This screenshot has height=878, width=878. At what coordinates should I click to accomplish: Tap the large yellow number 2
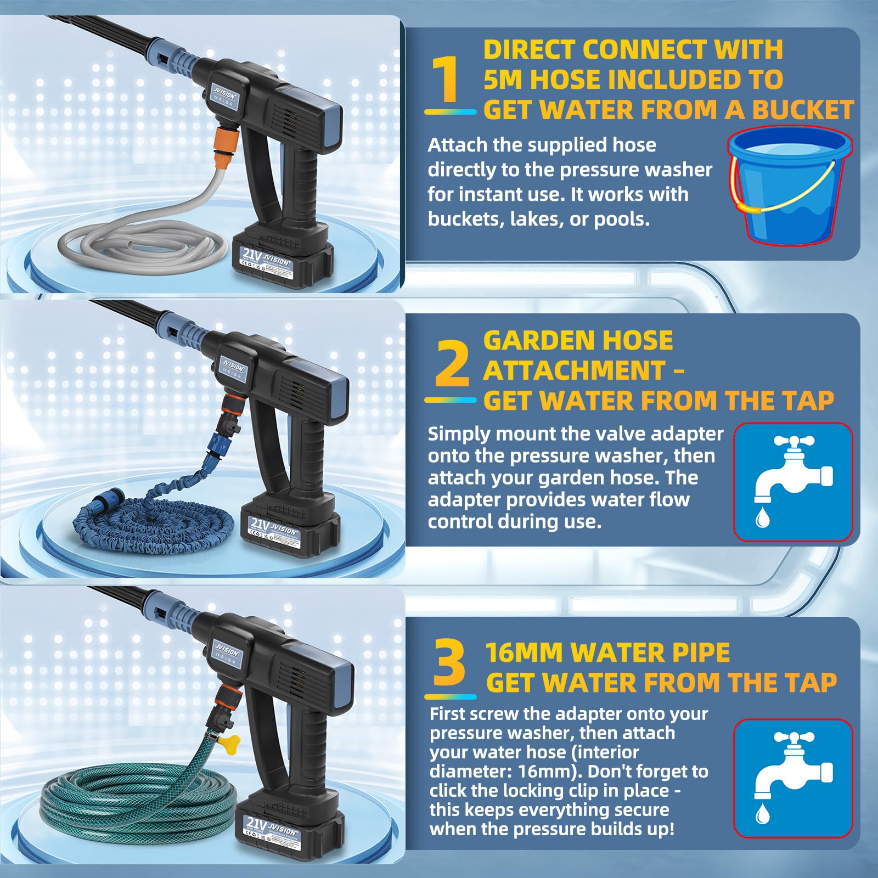click(x=452, y=363)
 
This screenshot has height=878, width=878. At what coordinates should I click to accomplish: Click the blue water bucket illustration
click(x=790, y=185)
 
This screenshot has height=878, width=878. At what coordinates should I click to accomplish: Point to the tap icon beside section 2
click(x=793, y=482)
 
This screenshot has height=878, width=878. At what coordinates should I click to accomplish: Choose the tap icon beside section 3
click(x=793, y=778)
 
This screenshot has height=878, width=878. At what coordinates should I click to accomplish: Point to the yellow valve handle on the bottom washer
click(x=233, y=744)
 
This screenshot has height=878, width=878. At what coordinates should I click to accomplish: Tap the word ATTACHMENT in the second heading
click(x=574, y=370)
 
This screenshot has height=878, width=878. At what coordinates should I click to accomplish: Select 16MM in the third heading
click(x=525, y=652)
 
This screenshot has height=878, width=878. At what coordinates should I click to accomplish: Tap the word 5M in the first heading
click(x=503, y=80)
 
